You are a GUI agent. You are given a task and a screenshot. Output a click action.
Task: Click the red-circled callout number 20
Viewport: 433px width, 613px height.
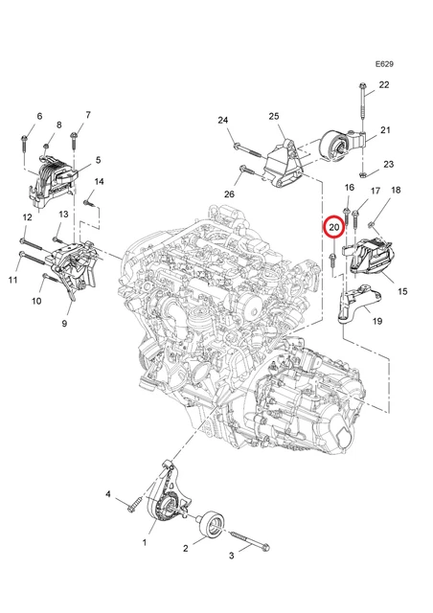(333, 228)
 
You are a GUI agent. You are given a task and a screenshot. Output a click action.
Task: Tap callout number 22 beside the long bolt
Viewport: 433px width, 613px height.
(384, 86)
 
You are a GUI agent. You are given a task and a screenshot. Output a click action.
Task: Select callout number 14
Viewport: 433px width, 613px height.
(99, 183)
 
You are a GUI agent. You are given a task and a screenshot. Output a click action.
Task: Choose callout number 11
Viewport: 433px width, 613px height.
(12, 281)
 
